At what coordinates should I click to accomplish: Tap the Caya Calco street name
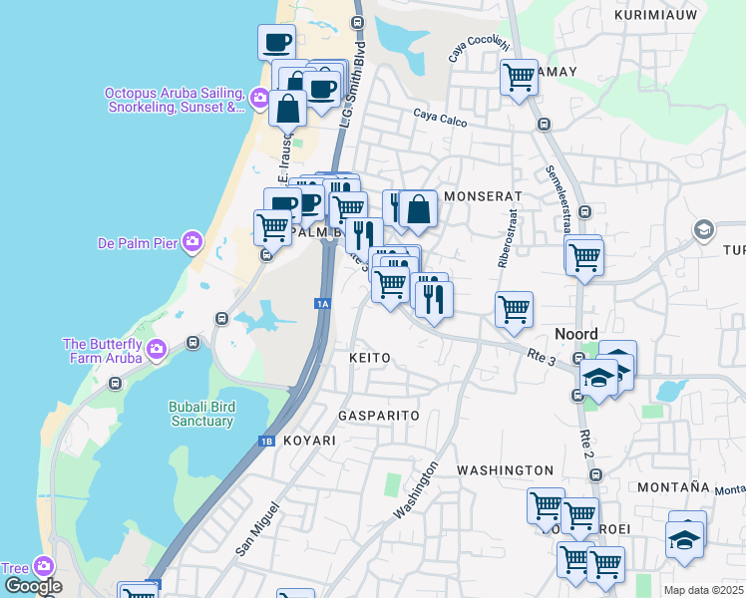pyautogui.click(x=440, y=117)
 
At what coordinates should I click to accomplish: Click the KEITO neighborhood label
pyautogui.click(x=369, y=357)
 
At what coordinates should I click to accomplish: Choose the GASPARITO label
pyautogui.click(x=378, y=415)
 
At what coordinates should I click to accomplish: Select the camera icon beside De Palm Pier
pyautogui.click(x=192, y=241)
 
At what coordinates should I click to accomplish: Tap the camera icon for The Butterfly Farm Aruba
pyautogui.click(x=155, y=349)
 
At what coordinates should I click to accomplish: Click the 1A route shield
pyautogui.click(x=321, y=303)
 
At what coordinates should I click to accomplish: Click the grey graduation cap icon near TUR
pyautogui.click(x=703, y=230)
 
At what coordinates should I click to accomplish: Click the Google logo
pyautogui.click(x=32, y=586)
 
